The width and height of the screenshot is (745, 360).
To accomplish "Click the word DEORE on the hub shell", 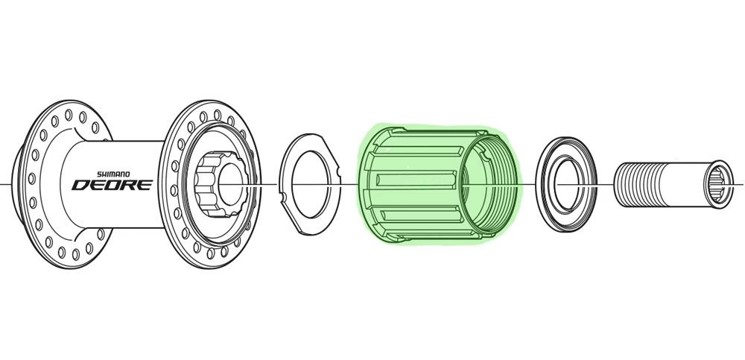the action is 112,185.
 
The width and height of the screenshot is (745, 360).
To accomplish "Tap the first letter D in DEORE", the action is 80,185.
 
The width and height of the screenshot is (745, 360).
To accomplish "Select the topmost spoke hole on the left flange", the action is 69,115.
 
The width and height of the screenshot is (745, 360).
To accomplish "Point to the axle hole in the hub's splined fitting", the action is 229,183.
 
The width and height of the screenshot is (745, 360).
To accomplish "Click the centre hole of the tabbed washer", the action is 311,184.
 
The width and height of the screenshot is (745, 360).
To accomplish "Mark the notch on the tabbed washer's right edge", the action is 338,170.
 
